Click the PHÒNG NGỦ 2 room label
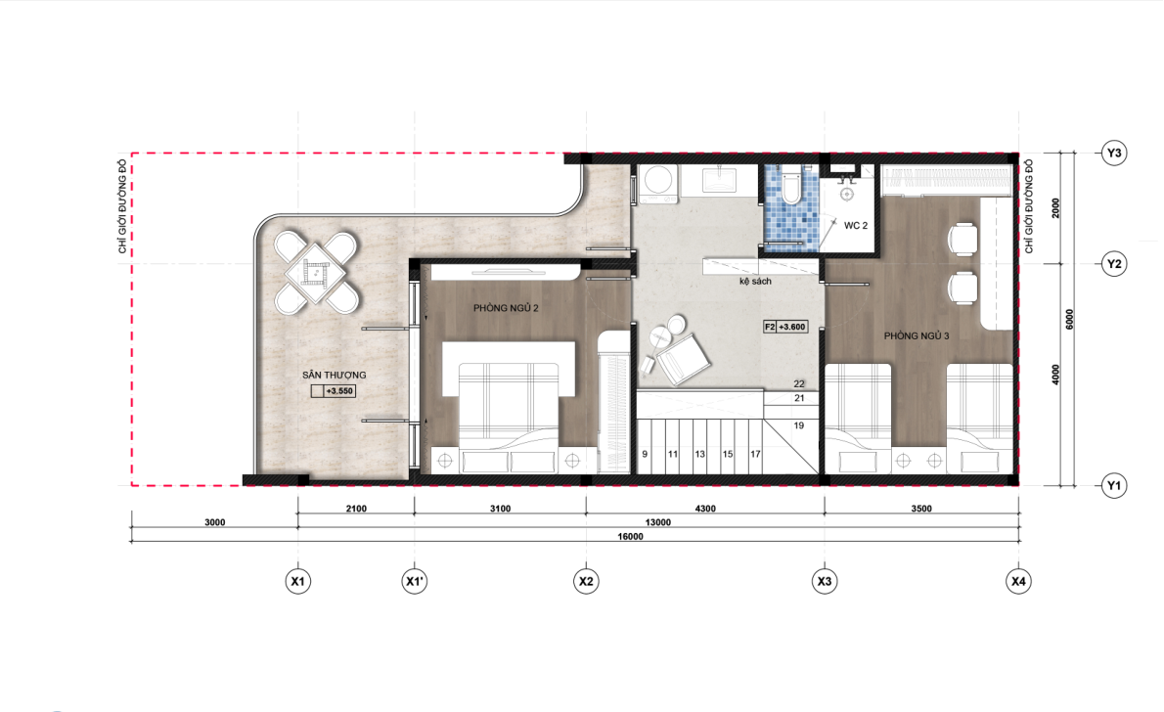click(x=506, y=308)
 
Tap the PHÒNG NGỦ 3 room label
click(x=917, y=335)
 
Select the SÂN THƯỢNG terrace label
click(x=335, y=375)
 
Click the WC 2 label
click(x=855, y=225)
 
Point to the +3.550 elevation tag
click(x=334, y=390)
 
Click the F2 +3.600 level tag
click(x=785, y=327)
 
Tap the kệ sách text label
click(x=755, y=282)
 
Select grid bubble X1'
click(x=414, y=581)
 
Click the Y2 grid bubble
click(x=1113, y=263)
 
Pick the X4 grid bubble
click(x=1018, y=581)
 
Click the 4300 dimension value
click(x=705, y=509)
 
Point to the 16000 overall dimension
click(x=630, y=536)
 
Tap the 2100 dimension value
click(x=356, y=509)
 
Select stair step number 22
click(x=799, y=383)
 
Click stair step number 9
click(x=645, y=454)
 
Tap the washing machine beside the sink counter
click(x=657, y=184)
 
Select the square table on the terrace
click(x=317, y=273)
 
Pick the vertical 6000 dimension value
click(x=1069, y=319)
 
